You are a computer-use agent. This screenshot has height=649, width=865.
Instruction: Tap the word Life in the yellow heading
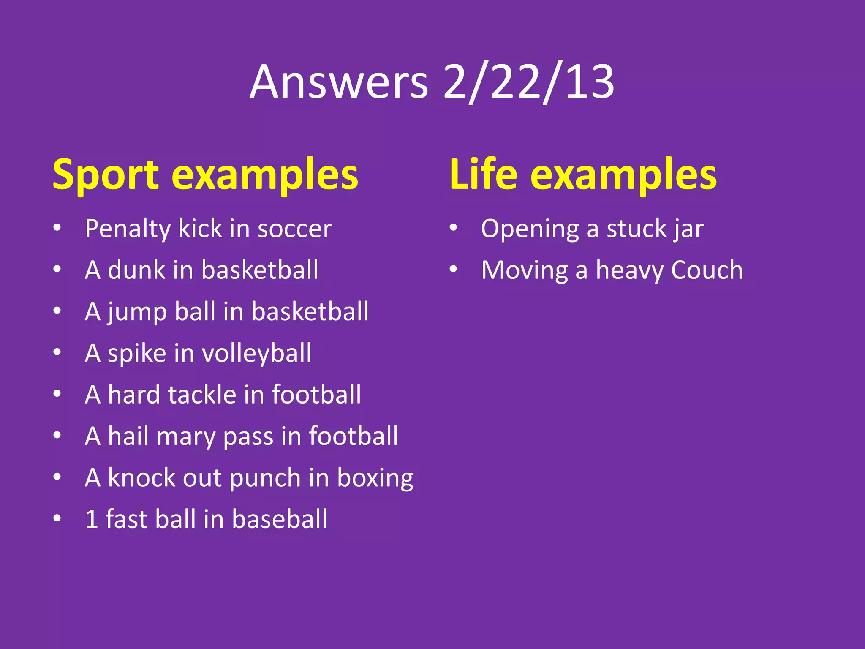[x=483, y=174]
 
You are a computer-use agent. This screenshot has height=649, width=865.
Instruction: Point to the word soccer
[x=294, y=229]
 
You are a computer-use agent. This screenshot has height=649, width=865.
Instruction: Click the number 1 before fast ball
[x=91, y=519]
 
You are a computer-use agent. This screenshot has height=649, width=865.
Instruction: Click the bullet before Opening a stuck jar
[x=453, y=228]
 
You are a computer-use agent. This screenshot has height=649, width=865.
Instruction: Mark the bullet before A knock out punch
[x=57, y=477]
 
